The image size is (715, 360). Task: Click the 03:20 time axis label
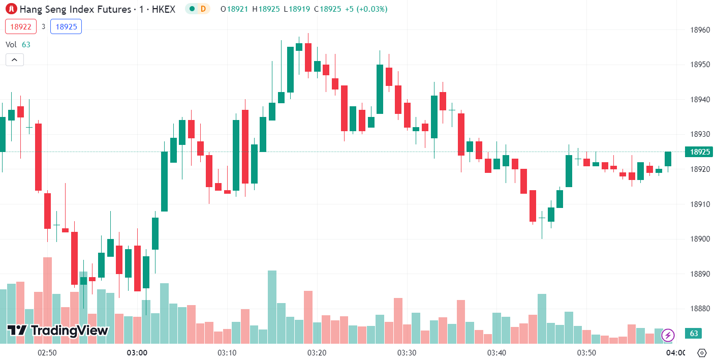(317, 352)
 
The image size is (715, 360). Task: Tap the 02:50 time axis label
(47, 352)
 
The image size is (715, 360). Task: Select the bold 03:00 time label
(137, 352)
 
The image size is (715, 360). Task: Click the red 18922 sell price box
(21, 26)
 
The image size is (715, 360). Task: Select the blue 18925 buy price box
(66, 26)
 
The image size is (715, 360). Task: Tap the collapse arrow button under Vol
(14, 60)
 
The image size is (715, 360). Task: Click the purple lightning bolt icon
(668, 335)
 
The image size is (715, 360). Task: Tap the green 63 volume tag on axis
(694, 334)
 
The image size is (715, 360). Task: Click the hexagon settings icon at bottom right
(702, 353)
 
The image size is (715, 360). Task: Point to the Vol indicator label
(11, 45)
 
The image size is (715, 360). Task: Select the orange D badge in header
(203, 9)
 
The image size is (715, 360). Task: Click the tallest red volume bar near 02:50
(47, 300)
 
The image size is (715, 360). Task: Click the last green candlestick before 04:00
(668, 159)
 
